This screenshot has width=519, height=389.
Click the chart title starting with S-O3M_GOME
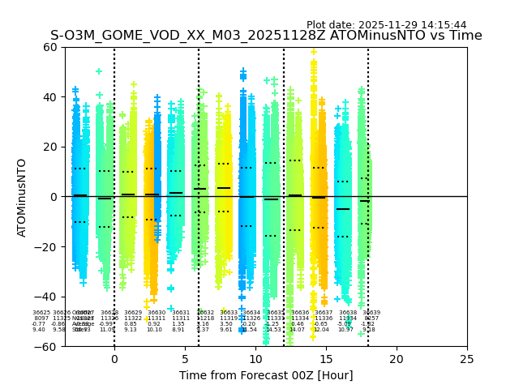(x=266, y=36)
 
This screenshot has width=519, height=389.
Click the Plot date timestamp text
(x=386, y=25)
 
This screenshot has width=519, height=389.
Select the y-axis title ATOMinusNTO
(x=22, y=197)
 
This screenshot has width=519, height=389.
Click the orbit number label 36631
(x=180, y=313)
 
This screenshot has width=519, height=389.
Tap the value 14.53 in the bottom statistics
(x=274, y=330)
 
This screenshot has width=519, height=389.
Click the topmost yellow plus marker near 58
(x=314, y=52)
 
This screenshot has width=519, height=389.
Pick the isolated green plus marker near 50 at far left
(x=99, y=72)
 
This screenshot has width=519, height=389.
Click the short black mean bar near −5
(x=344, y=209)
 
